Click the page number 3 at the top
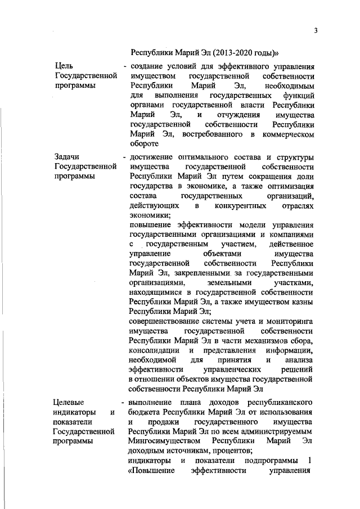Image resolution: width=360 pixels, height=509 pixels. (316, 30)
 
